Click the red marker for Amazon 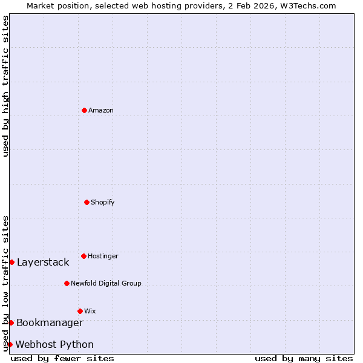tap(84, 110)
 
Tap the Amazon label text tap(100, 111)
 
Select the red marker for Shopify tap(87, 202)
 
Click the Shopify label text tap(102, 203)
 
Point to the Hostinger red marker tap(83, 256)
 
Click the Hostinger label tap(103, 257)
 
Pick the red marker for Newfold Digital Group tap(67, 283)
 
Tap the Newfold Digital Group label tap(106, 284)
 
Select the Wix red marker tap(80, 311)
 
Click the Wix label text tap(90, 312)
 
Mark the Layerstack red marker tap(11, 262)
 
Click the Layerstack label tap(43, 263)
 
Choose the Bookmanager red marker tap(11, 322)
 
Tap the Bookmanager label tap(50, 323)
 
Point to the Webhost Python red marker tap(10, 344)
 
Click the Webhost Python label tap(54, 345)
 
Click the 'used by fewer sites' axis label tap(62, 358)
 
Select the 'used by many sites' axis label tap(304, 358)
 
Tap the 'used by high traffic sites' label tap(5, 86)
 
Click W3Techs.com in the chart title tap(307, 5)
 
